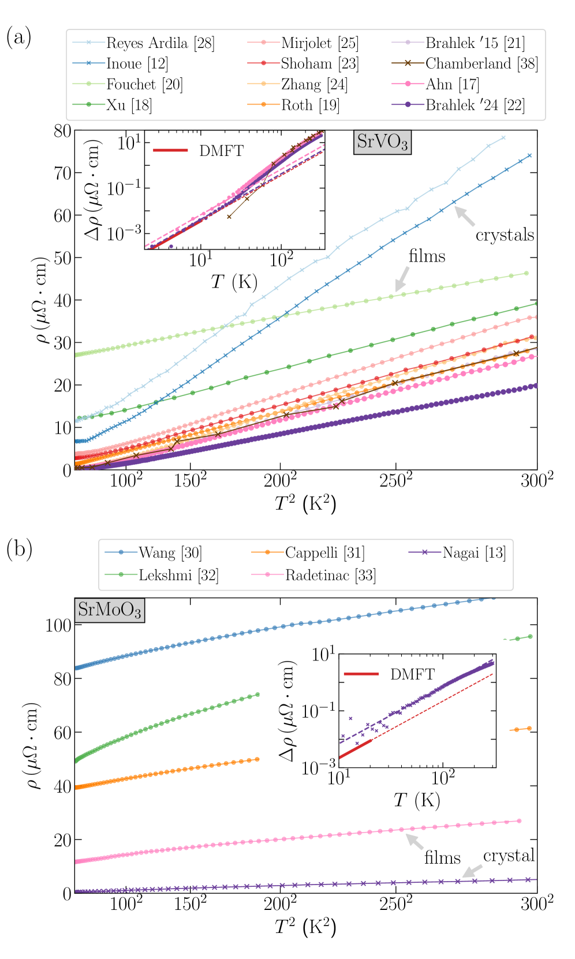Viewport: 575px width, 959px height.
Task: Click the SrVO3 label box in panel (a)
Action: pyautogui.click(x=382, y=142)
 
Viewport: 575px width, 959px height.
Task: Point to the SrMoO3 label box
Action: pyautogui.click(x=109, y=610)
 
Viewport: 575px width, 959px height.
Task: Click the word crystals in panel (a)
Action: pyautogui.click(x=505, y=235)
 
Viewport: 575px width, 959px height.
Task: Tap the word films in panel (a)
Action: pyautogui.click(x=427, y=256)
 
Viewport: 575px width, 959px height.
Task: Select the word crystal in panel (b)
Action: pyautogui.click(x=509, y=856)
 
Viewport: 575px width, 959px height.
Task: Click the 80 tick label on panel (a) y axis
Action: pyautogui.click(x=62, y=131)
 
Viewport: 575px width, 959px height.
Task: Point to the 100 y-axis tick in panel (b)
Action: pyautogui.click(x=58, y=625)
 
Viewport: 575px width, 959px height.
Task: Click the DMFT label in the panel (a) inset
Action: pyautogui.click(x=221, y=151)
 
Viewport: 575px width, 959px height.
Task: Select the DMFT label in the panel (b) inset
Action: pyautogui.click(x=412, y=674)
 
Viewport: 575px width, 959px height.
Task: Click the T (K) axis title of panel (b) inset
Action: pyautogui.click(x=417, y=800)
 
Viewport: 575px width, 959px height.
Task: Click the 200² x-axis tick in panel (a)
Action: pyautogui.click(x=280, y=480)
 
